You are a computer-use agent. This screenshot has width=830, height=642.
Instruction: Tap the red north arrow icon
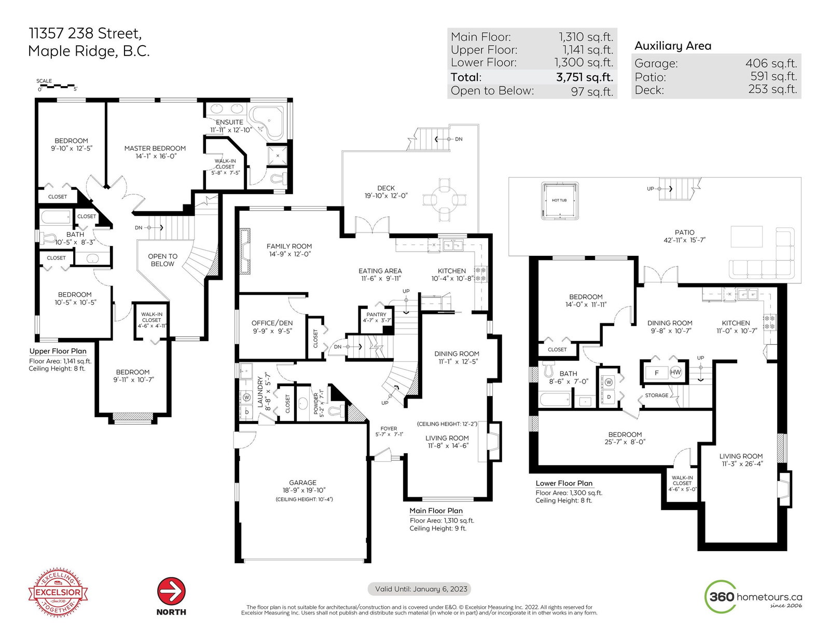pos(172,591)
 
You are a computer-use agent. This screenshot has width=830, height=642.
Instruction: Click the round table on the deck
pos(445,199)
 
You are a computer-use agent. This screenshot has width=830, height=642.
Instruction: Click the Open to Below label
pos(163,260)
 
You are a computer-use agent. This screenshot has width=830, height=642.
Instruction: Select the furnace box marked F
pos(656,373)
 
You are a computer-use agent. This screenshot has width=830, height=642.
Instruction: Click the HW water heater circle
pos(675,372)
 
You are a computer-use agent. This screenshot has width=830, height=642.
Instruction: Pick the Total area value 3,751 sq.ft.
pos(585,77)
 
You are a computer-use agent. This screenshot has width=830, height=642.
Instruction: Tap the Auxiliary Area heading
pos(673,46)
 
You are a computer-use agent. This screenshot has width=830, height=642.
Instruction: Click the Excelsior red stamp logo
pos(58,593)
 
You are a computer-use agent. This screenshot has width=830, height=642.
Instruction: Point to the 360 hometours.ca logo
pos(753,596)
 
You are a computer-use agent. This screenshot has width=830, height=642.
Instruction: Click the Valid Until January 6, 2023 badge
pos(419,589)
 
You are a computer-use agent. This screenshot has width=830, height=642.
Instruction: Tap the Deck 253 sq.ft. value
pos(772,89)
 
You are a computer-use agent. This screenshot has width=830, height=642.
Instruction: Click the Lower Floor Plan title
pos(564,483)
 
